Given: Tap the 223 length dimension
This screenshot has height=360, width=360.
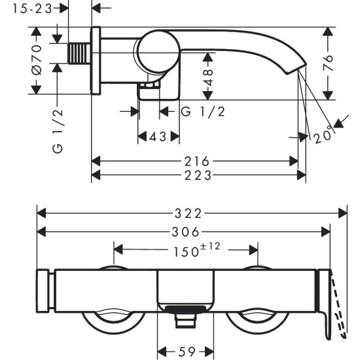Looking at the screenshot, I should point(198,175).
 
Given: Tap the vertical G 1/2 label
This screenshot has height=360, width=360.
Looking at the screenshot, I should point(58,131).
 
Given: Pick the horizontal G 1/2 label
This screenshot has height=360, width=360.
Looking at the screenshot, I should point(203,112).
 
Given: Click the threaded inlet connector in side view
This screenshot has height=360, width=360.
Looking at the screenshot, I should point(79,52).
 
